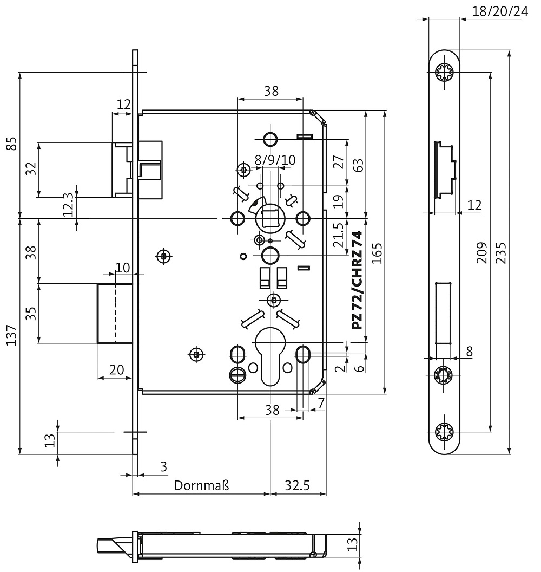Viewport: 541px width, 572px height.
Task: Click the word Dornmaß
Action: click(201, 485)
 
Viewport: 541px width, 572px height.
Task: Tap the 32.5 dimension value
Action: click(297, 485)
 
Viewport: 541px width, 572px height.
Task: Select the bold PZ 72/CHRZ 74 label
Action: click(357, 281)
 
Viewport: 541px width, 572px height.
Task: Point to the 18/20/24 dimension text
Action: click(500, 11)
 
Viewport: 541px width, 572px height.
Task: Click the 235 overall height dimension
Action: click(502, 253)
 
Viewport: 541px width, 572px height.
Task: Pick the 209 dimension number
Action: click(481, 252)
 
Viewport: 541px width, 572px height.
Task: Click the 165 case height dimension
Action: click(377, 253)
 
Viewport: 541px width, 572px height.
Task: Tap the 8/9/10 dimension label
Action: click(275, 160)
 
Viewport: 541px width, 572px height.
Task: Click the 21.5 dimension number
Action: click(338, 235)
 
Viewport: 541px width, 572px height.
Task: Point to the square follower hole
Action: click(270, 218)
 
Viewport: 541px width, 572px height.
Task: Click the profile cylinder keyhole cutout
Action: click(270, 356)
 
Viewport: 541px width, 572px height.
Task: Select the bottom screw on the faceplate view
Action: click(445, 432)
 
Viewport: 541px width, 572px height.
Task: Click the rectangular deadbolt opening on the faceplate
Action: click(444, 313)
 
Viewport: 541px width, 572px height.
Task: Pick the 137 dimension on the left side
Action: click(12, 335)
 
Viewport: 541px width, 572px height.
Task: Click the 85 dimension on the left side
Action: click(12, 144)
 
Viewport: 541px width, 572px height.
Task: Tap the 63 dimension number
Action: click(358, 166)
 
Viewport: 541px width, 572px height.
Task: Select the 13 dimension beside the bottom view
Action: click(352, 544)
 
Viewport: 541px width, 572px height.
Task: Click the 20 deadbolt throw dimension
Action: click(116, 370)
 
